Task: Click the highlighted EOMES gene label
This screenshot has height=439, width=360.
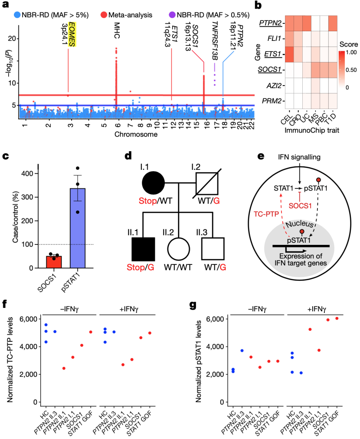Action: (x=72, y=34)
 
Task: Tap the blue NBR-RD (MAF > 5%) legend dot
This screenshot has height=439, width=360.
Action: (x=17, y=15)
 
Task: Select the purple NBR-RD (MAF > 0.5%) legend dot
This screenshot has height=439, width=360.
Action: (x=172, y=15)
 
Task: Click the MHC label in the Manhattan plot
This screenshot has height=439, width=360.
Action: (x=117, y=30)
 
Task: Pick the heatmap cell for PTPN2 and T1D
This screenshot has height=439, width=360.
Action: (x=333, y=23)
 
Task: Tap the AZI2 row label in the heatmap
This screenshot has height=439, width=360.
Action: (x=274, y=86)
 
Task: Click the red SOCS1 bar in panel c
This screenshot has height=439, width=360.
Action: (x=54, y=262)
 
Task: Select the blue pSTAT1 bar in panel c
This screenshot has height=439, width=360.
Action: (x=78, y=228)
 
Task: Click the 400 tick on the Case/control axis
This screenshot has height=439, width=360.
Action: (x=27, y=174)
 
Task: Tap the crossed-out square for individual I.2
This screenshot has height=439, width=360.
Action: (x=207, y=183)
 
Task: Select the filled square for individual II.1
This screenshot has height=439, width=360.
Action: (x=143, y=249)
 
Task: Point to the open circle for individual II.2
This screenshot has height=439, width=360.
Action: (x=178, y=249)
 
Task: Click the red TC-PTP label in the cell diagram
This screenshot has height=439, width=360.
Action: (x=266, y=214)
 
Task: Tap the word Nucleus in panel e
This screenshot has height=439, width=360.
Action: (x=300, y=224)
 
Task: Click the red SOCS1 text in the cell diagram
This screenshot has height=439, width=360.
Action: (x=300, y=206)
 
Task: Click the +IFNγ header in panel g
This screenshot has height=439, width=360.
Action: (x=317, y=309)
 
